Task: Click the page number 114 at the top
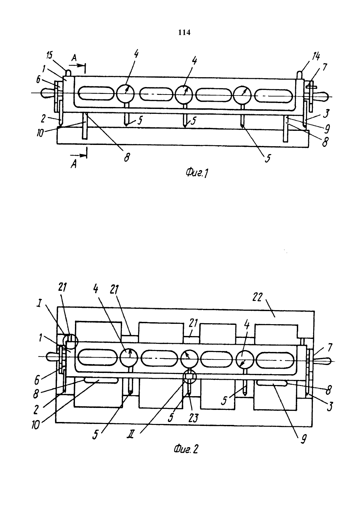coord(184,33)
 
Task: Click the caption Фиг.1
coord(197,173)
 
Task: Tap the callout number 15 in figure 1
coord(49,55)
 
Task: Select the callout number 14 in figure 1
coord(316,56)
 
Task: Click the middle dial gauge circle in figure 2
coord(189,359)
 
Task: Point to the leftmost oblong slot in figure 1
coord(96,93)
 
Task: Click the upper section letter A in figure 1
coord(74,59)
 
